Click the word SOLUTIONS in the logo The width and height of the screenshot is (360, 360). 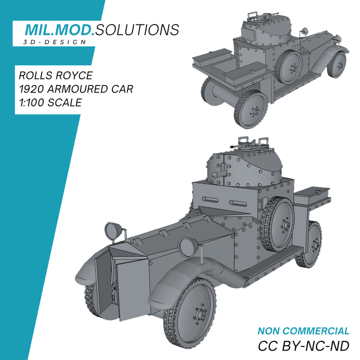(137, 30)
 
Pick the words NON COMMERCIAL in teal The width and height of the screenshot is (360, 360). (303, 331)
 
